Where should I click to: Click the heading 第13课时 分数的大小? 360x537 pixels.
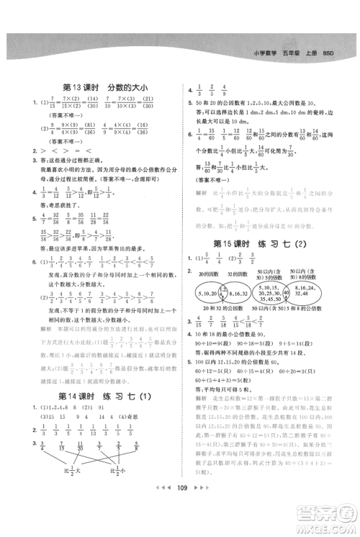click(105, 88)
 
